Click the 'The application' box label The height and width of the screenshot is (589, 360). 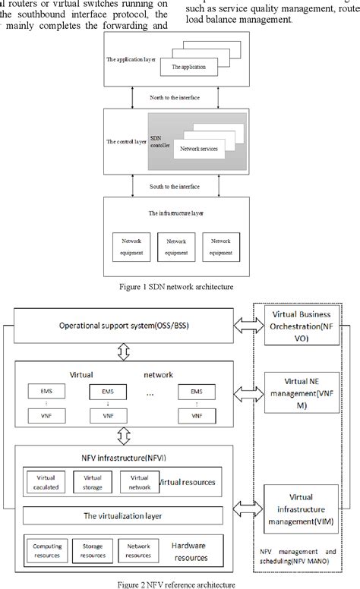(x=188, y=68)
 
